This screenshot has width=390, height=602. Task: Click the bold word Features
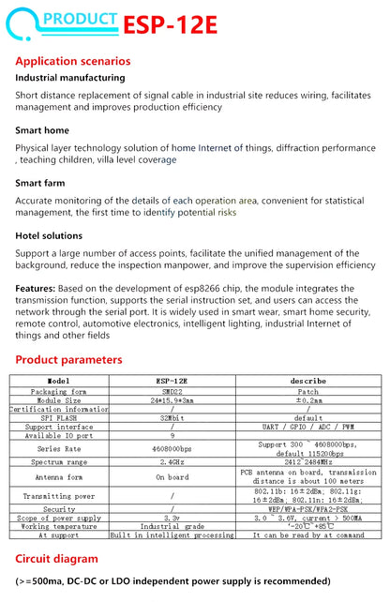[x=35, y=289]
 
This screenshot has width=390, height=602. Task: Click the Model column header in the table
[x=59, y=382]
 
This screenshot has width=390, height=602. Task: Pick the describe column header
[x=307, y=382]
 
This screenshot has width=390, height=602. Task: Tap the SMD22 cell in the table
[x=172, y=392]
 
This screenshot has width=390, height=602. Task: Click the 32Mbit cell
[x=172, y=418]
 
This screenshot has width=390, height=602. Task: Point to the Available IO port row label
[x=59, y=435]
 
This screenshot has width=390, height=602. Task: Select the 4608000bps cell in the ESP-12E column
[x=172, y=448]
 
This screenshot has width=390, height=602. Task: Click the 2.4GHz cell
[x=172, y=461]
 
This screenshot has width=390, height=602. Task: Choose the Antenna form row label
[x=59, y=476]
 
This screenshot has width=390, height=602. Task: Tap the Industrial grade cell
[x=172, y=526]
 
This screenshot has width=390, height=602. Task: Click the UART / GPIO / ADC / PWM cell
[x=307, y=427]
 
